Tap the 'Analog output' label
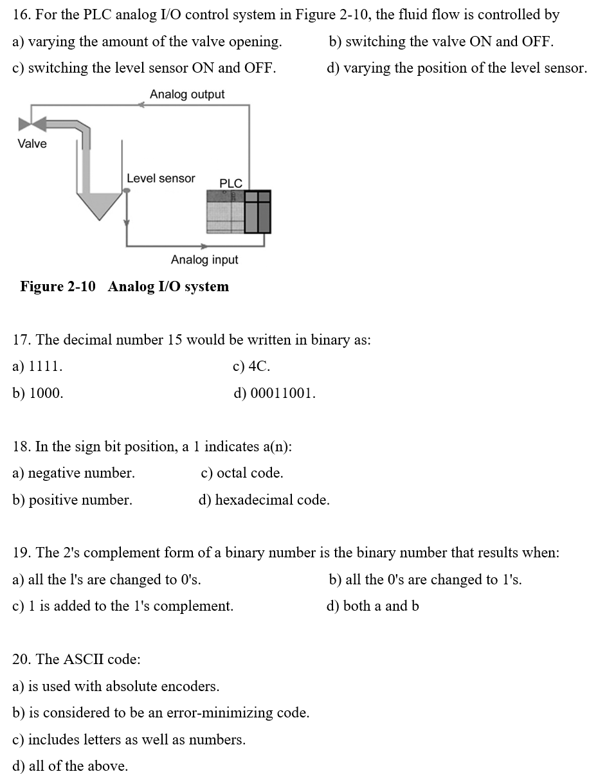(x=187, y=94)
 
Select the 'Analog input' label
(x=204, y=260)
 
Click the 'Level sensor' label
(x=161, y=179)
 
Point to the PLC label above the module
(x=231, y=183)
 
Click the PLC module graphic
(x=238, y=212)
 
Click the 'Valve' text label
(x=32, y=144)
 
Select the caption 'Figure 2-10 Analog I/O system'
(x=124, y=287)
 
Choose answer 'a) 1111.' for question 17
(x=37, y=366)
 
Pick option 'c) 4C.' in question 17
(x=251, y=366)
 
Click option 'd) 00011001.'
(x=275, y=393)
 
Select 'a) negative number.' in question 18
(x=73, y=473)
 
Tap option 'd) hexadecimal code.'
(x=264, y=500)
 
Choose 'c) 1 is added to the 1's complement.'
(x=123, y=606)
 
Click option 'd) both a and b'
(x=373, y=606)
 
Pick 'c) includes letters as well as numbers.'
(x=129, y=740)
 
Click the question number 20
(x=23, y=660)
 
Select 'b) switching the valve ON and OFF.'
(x=441, y=42)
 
